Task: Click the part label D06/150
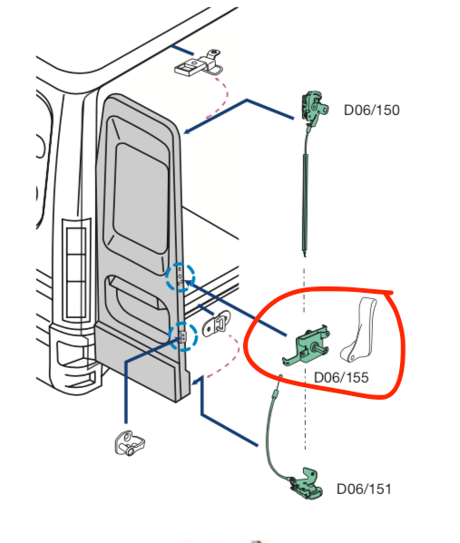[371, 111]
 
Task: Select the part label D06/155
[340, 377]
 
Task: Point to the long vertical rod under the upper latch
[303, 195]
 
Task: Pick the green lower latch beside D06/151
[307, 484]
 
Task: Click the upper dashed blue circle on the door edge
[180, 276]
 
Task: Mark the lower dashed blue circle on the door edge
[183, 336]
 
